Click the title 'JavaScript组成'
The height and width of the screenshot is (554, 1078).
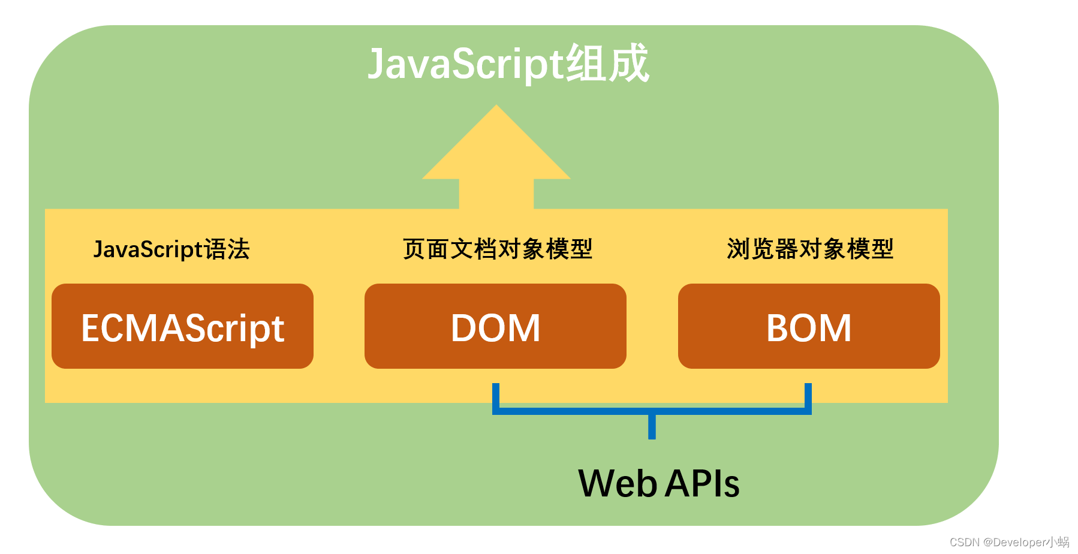[x=508, y=64]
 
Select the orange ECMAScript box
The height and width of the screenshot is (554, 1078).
[x=182, y=326]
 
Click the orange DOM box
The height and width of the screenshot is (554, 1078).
[x=495, y=326]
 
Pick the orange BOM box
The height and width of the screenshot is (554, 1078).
[x=809, y=326]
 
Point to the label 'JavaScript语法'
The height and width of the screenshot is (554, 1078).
[x=171, y=249]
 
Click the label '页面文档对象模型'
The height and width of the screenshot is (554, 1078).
[x=497, y=249]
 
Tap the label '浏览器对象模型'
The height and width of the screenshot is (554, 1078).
[x=810, y=249]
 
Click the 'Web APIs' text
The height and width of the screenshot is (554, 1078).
[x=658, y=483]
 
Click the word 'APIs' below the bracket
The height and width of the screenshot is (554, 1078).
[x=702, y=483]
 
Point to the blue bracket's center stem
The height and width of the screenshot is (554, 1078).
[x=652, y=426]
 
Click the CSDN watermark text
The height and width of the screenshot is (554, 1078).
[x=1009, y=542]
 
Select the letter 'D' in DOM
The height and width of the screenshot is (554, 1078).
[x=465, y=328]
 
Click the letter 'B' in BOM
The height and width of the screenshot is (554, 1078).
[x=778, y=328]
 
